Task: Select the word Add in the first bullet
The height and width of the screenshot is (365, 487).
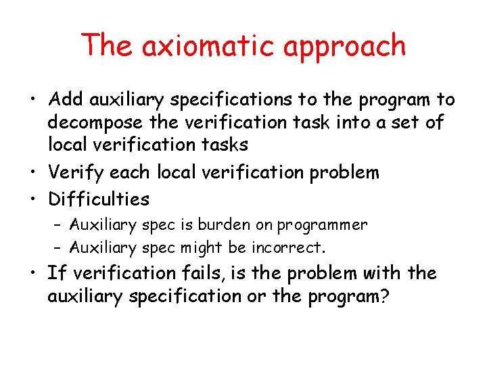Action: click(65, 101)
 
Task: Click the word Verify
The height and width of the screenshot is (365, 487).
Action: click(72, 172)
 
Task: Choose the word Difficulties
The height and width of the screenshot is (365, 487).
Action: click(99, 199)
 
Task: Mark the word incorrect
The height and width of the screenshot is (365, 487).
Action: click(289, 248)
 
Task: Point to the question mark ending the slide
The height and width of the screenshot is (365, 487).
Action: click(385, 296)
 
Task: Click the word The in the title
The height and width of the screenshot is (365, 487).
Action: click(108, 46)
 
